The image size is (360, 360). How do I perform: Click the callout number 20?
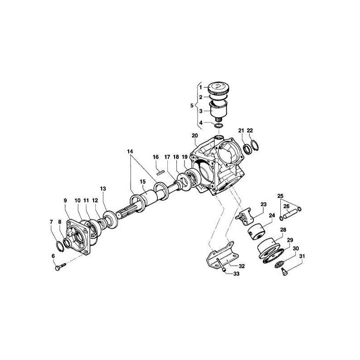pos(194,135)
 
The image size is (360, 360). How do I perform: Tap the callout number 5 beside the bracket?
pos(192,106)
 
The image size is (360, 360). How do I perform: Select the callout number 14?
pos(130,152)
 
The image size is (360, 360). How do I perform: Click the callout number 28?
pos(283,230)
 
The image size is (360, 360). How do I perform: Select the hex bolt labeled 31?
pos(285,272)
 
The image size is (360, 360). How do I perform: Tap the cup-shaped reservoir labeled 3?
pos(219,110)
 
